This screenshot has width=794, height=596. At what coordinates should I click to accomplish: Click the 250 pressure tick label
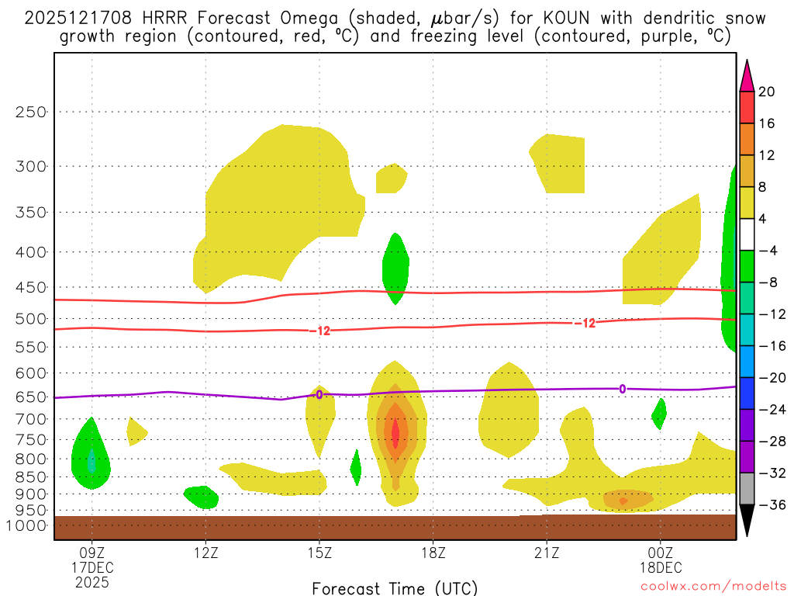point(30,112)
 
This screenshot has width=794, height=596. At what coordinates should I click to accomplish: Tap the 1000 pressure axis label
point(27,526)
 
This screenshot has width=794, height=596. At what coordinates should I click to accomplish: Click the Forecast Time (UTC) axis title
point(395,587)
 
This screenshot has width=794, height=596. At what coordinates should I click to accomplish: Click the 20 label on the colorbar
point(767,92)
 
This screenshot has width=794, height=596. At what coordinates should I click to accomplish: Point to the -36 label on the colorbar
point(770,504)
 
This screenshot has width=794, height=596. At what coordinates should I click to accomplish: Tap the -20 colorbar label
point(770,378)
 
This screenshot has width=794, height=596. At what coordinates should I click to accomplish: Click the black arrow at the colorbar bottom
point(747,521)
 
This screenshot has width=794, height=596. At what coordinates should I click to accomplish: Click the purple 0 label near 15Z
point(319,395)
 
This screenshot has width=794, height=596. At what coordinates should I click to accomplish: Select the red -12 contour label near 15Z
point(320,331)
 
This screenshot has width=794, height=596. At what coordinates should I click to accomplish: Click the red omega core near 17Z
point(395,433)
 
